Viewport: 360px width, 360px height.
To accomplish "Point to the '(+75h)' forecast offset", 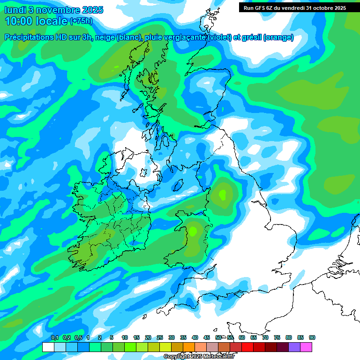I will (81, 21).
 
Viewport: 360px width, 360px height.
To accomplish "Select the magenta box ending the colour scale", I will (306, 347).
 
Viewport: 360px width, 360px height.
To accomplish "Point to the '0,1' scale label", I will (55, 338).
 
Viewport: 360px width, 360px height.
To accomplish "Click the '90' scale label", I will (312, 338).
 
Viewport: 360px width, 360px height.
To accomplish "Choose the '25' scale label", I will (160, 338).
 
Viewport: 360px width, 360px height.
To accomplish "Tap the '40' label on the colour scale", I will (195, 338).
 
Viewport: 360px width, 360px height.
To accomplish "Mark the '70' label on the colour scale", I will (265, 338).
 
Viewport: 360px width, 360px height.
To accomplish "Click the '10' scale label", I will (125, 338).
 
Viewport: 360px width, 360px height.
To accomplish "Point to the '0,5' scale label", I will (78, 338).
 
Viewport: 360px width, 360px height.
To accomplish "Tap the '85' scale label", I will (300, 338).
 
